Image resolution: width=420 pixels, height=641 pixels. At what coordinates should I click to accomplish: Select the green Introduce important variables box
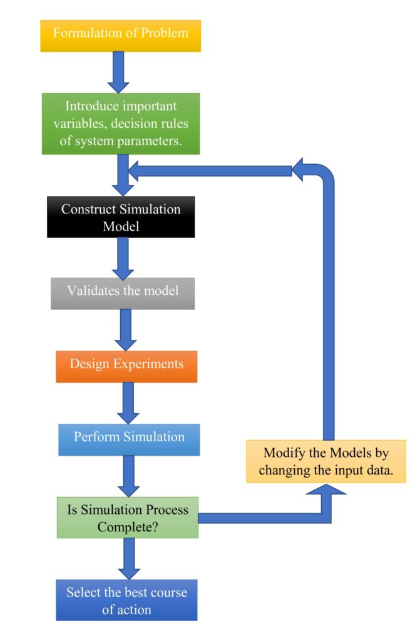(121, 123)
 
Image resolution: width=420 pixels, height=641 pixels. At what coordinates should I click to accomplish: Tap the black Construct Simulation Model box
(121, 217)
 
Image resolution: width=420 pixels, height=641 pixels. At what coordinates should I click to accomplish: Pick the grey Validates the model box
(123, 291)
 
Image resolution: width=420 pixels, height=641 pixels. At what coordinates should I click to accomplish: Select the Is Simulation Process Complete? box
(128, 518)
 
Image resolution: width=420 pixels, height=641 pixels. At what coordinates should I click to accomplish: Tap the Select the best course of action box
(127, 600)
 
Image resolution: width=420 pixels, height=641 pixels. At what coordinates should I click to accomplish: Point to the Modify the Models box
(325, 461)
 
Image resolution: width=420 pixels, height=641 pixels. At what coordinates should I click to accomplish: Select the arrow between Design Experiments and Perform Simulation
(128, 403)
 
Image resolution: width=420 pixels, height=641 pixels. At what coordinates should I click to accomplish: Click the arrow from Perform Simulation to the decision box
(129, 475)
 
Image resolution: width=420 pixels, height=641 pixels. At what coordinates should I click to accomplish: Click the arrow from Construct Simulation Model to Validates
(123, 257)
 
